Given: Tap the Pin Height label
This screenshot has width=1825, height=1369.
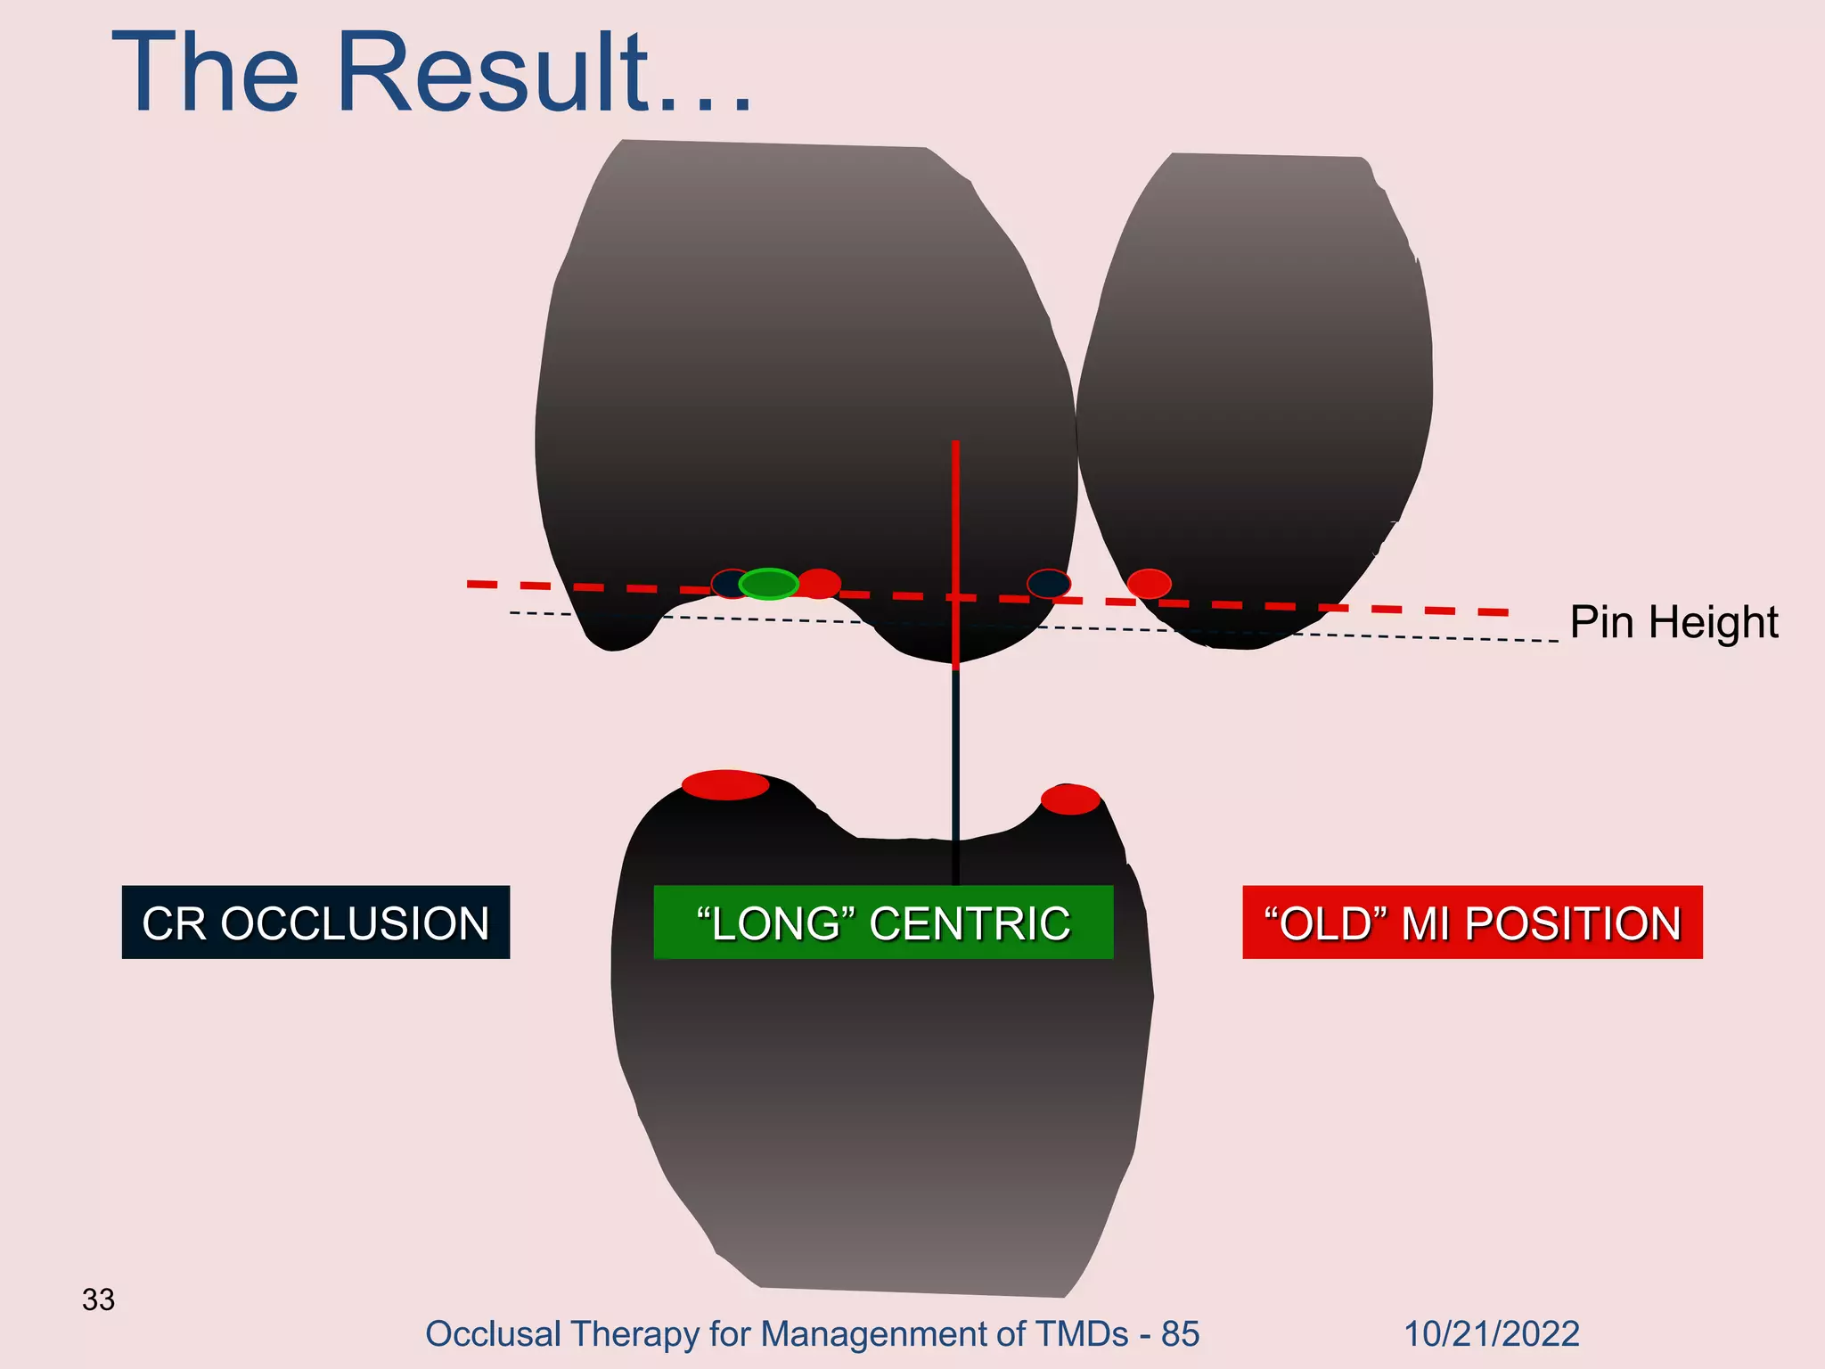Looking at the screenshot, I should pyautogui.click(x=1674, y=622).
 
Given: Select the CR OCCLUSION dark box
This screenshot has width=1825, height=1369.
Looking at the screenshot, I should pyautogui.click(x=315, y=922).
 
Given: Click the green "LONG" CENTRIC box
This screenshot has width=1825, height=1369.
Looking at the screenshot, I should pyautogui.click(x=882, y=922).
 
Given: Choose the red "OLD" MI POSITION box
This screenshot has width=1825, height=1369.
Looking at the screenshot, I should pyautogui.click(x=1472, y=922).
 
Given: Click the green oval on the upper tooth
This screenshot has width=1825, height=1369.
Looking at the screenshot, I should pyautogui.click(x=768, y=584).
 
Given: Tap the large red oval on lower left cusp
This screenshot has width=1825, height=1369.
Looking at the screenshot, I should pyautogui.click(x=725, y=785).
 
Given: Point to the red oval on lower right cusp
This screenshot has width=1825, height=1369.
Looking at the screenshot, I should pyautogui.click(x=1070, y=799).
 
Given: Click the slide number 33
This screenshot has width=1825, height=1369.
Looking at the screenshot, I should pyautogui.click(x=98, y=1299).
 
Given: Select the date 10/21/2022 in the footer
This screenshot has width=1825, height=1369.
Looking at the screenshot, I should pyautogui.click(x=1491, y=1334).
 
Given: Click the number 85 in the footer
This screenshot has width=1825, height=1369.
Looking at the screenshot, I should pyautogui.click(x=1180, y=1334).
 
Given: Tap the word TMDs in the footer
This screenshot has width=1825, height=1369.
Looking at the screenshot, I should pyautogui.click(x=1082, y=1334).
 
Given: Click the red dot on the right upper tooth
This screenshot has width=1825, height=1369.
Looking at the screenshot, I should pyautogui.click(x=1149, y=584).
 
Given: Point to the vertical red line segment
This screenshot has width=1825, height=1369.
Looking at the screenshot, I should pyautogui.click(x=955, y=535).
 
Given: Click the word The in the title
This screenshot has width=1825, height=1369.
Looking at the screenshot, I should pyautogui.click(x=205, y=73).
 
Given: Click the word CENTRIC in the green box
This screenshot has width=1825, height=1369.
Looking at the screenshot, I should pyautogui.click(x=970, y=922).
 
